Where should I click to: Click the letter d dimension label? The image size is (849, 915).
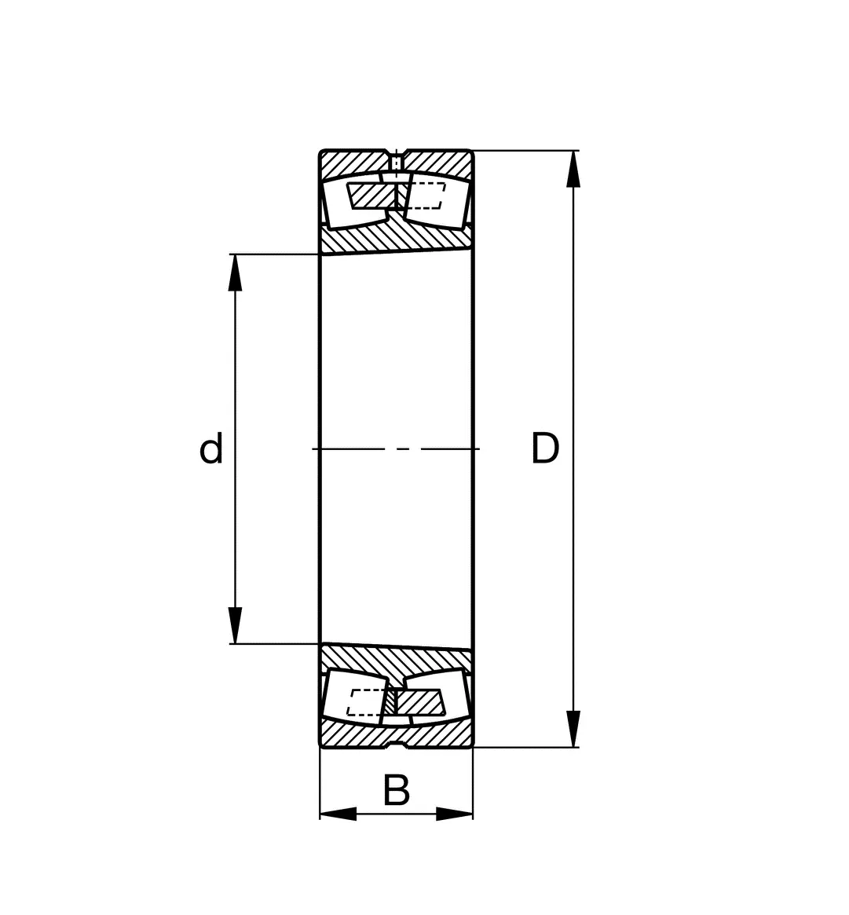point(211,448)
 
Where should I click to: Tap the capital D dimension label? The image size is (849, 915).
point(545,448)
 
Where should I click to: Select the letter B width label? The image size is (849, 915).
point(396,790)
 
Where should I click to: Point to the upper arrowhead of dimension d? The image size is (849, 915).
point(235,273)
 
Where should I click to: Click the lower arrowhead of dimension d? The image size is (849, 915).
point(235,625)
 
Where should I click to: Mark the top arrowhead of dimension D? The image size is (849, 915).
point(573,169)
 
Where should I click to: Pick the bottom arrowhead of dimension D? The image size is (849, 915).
point(573,729)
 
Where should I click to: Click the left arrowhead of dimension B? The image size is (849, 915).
point(339,814)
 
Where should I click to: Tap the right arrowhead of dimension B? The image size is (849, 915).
point(455,814)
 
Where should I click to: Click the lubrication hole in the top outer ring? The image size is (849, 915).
point(396,161)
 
